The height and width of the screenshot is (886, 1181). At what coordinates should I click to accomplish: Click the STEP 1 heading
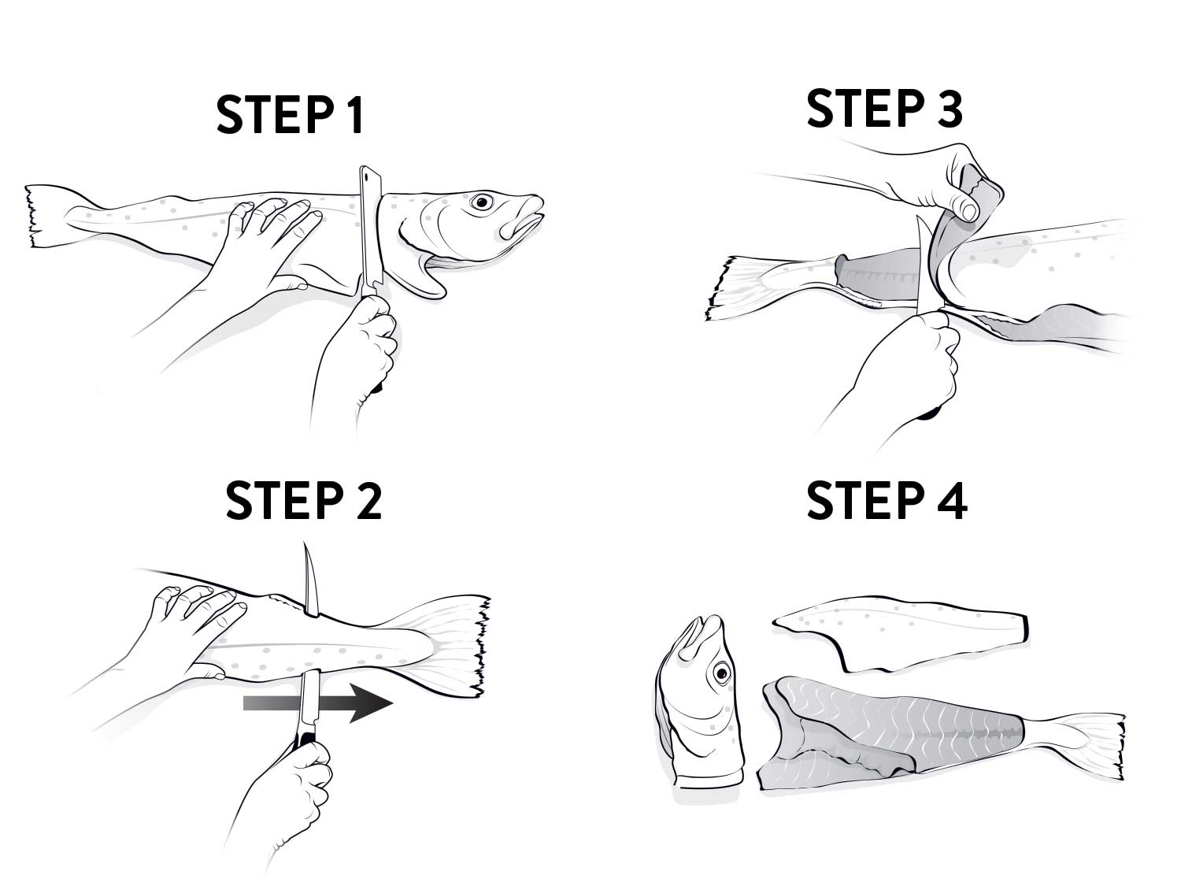click(x=290, y=114)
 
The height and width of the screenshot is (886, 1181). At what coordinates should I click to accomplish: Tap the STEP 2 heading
click(x=303, y=500)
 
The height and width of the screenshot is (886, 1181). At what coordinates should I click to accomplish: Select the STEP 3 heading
click(x=884, y=109)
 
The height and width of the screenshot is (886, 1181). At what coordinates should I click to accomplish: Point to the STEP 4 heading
click(x=887, y=500)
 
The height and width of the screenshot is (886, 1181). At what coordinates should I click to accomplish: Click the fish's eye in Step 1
click(x=482, y=202)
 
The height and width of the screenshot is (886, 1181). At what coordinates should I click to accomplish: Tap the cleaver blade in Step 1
click(x=371, y=232)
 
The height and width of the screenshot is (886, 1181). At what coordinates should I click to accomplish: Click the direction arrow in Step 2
click(x=318, y=703)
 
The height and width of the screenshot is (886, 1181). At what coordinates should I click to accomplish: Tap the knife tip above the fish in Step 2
click(x=305, y=545)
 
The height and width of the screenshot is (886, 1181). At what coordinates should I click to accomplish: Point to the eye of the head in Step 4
click(x=721, y=673)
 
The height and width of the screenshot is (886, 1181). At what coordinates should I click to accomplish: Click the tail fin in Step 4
click(x=1082, y=745)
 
